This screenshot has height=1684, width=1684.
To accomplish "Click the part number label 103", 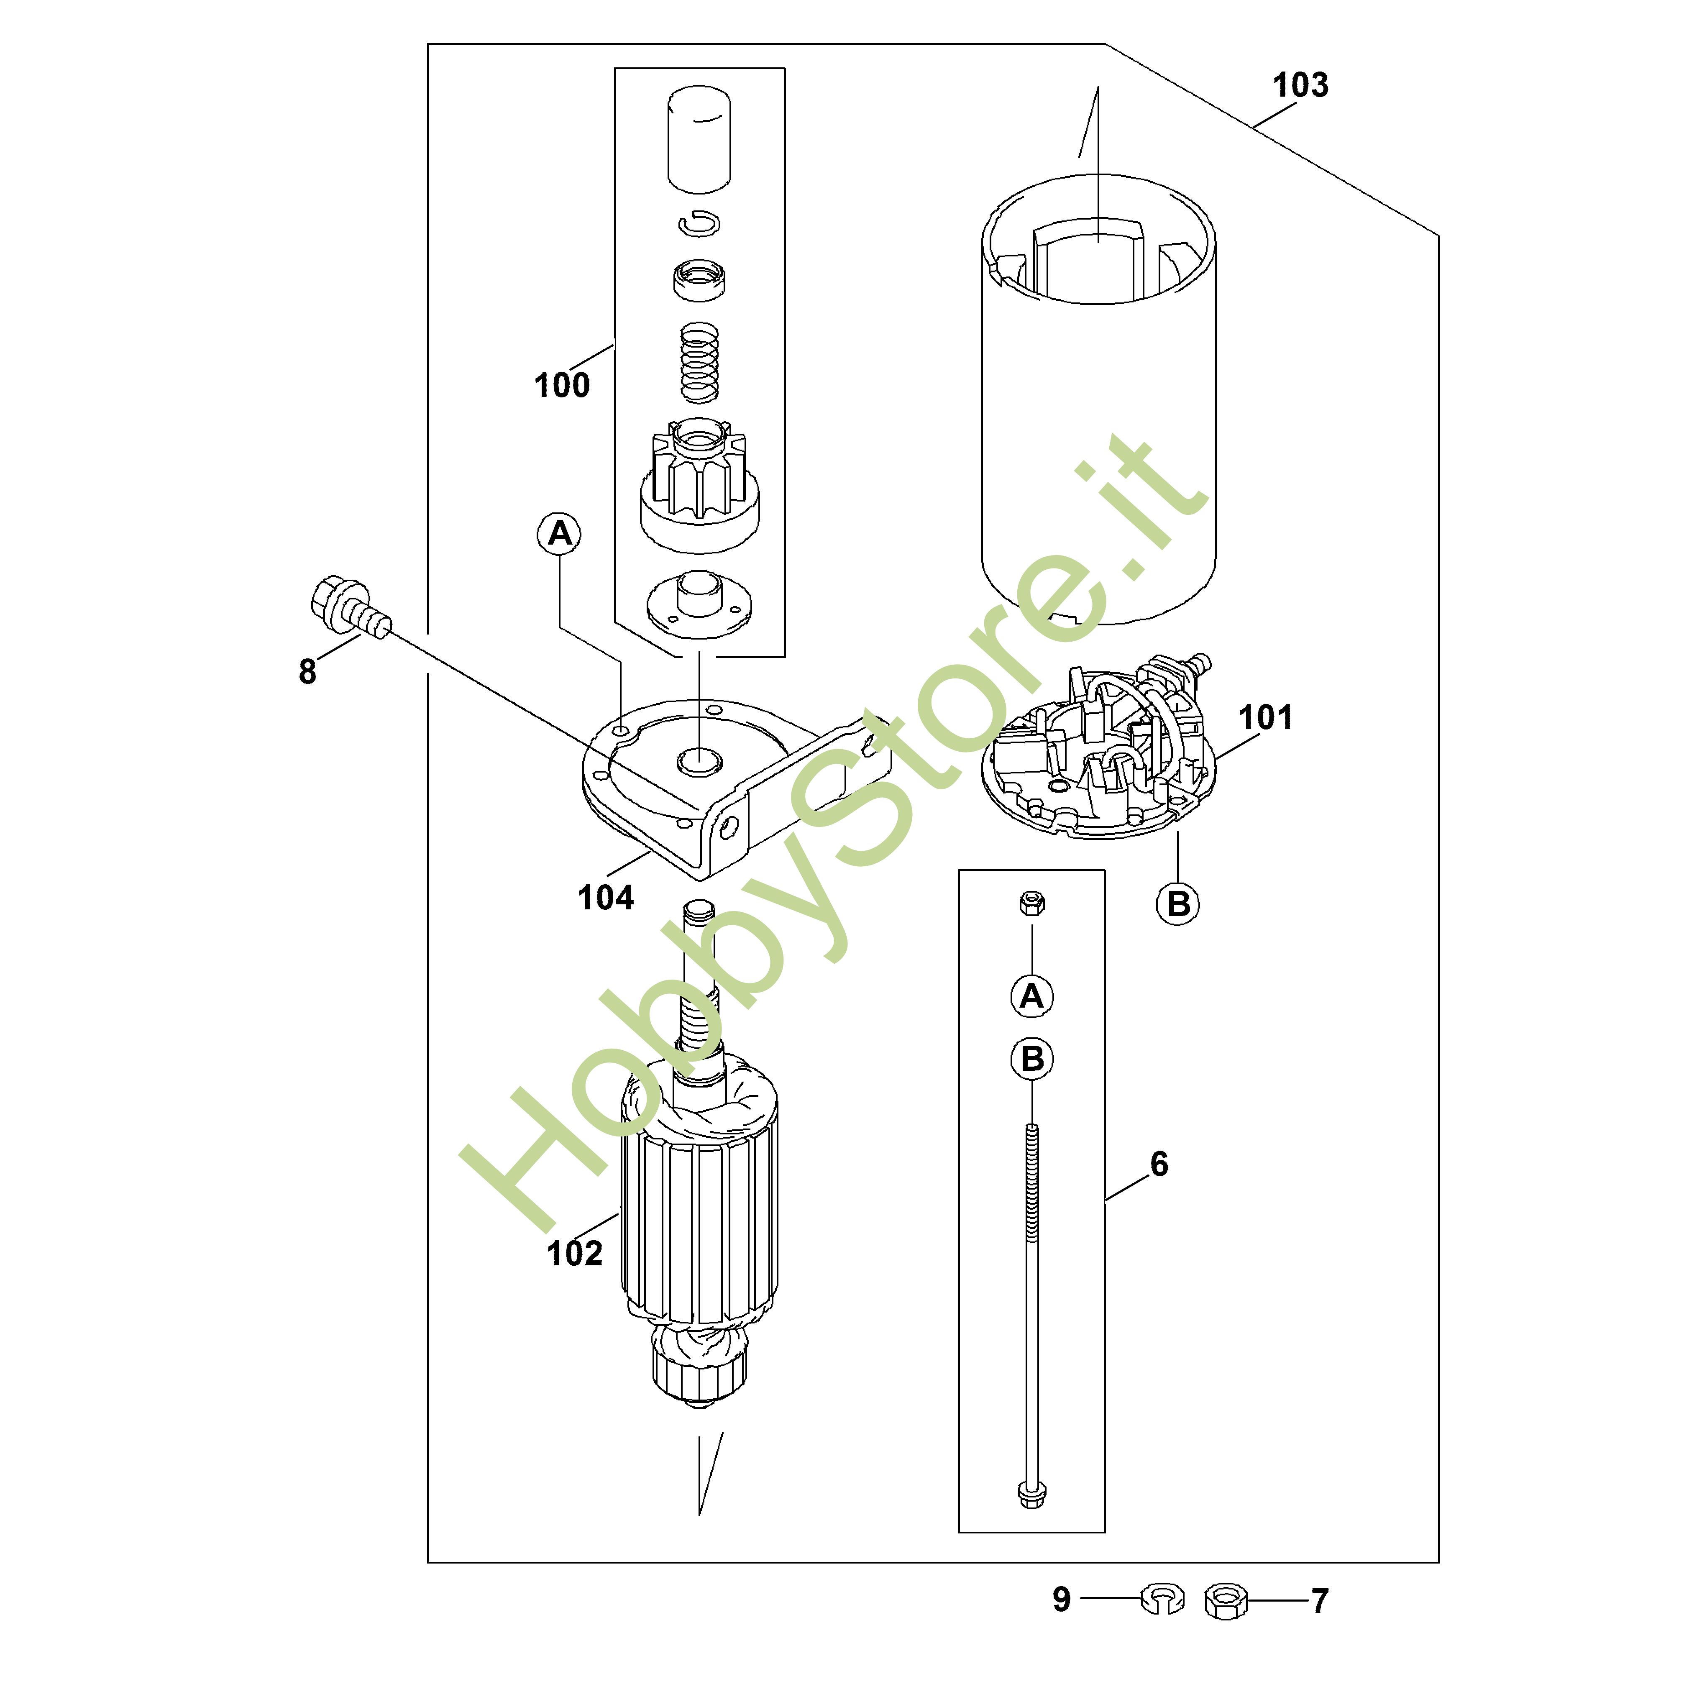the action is [x=1300, y=85].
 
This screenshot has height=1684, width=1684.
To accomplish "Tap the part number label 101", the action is [x=1266, y=717].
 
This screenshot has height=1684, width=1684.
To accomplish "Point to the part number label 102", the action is [x=574, y=1254].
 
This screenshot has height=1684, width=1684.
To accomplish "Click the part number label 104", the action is [x=606, y=898].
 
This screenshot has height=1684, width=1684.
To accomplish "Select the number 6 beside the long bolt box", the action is [x=1159, y=1164].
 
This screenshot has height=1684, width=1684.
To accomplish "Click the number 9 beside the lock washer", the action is [x=1062, y=1600].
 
